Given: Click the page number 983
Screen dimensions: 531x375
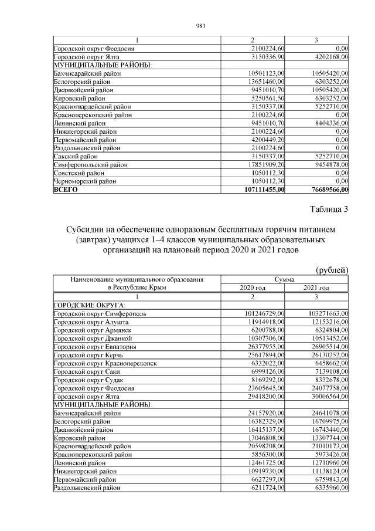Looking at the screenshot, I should click(x=199, y=26).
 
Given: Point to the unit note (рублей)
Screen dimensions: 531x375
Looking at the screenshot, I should click(x=332, y=269).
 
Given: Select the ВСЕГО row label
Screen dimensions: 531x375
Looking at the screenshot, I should click(x=66, y=190).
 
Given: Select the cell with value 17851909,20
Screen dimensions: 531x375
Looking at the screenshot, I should click(x=267, y=165).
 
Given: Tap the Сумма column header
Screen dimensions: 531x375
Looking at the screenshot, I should click(x=284, y=279).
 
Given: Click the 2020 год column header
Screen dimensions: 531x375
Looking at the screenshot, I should click(x=253, y=288).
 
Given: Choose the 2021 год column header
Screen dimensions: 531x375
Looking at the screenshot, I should click(x=316, y=288).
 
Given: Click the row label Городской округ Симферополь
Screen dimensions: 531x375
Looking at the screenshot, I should click(x=97, y=314).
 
